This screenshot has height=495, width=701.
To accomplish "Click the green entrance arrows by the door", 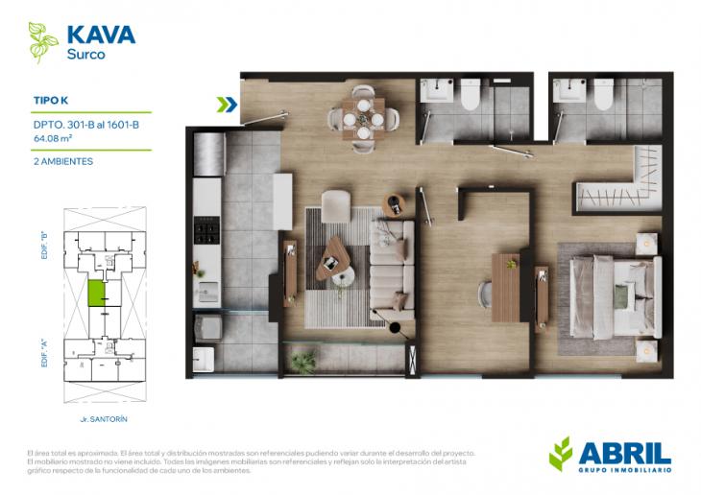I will coord(228,105).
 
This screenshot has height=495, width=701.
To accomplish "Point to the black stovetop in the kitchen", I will coord(207,230).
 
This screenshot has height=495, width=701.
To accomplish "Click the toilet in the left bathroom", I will coord(471,95).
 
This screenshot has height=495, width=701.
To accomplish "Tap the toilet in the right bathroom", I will coord(603,95).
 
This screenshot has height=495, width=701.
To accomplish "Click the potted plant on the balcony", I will coord(303,361).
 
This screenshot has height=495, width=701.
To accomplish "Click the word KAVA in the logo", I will coord(101,35).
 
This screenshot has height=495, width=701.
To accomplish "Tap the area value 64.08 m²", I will coord(53,138).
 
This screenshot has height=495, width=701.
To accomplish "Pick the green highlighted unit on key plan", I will coord(98,294).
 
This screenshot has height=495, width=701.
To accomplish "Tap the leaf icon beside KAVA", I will coord(42,40).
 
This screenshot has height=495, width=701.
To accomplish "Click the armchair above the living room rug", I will coord(336,205).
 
